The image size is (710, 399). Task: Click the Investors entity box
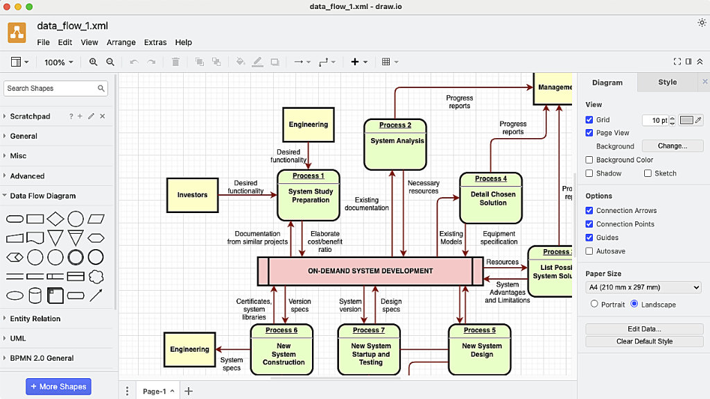(192, 195)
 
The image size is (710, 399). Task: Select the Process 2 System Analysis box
(395, 144)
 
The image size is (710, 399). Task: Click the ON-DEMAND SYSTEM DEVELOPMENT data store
(370, 271)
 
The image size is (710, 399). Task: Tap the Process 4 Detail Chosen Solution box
(491, 198)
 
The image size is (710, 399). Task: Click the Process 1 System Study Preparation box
(309, 195)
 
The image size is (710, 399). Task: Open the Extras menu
(155, 42)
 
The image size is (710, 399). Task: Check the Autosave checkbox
(589, 251)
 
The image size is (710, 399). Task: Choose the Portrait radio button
(594, 305)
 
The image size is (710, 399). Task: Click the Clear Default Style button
(644, 341)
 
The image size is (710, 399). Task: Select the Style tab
(667, 82)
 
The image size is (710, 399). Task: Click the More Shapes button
(58, 387)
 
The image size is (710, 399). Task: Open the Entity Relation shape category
(35, 319)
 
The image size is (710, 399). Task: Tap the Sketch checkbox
(648, 173)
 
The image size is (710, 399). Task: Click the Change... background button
(672, 146)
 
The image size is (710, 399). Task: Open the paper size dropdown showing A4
(644, 287)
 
